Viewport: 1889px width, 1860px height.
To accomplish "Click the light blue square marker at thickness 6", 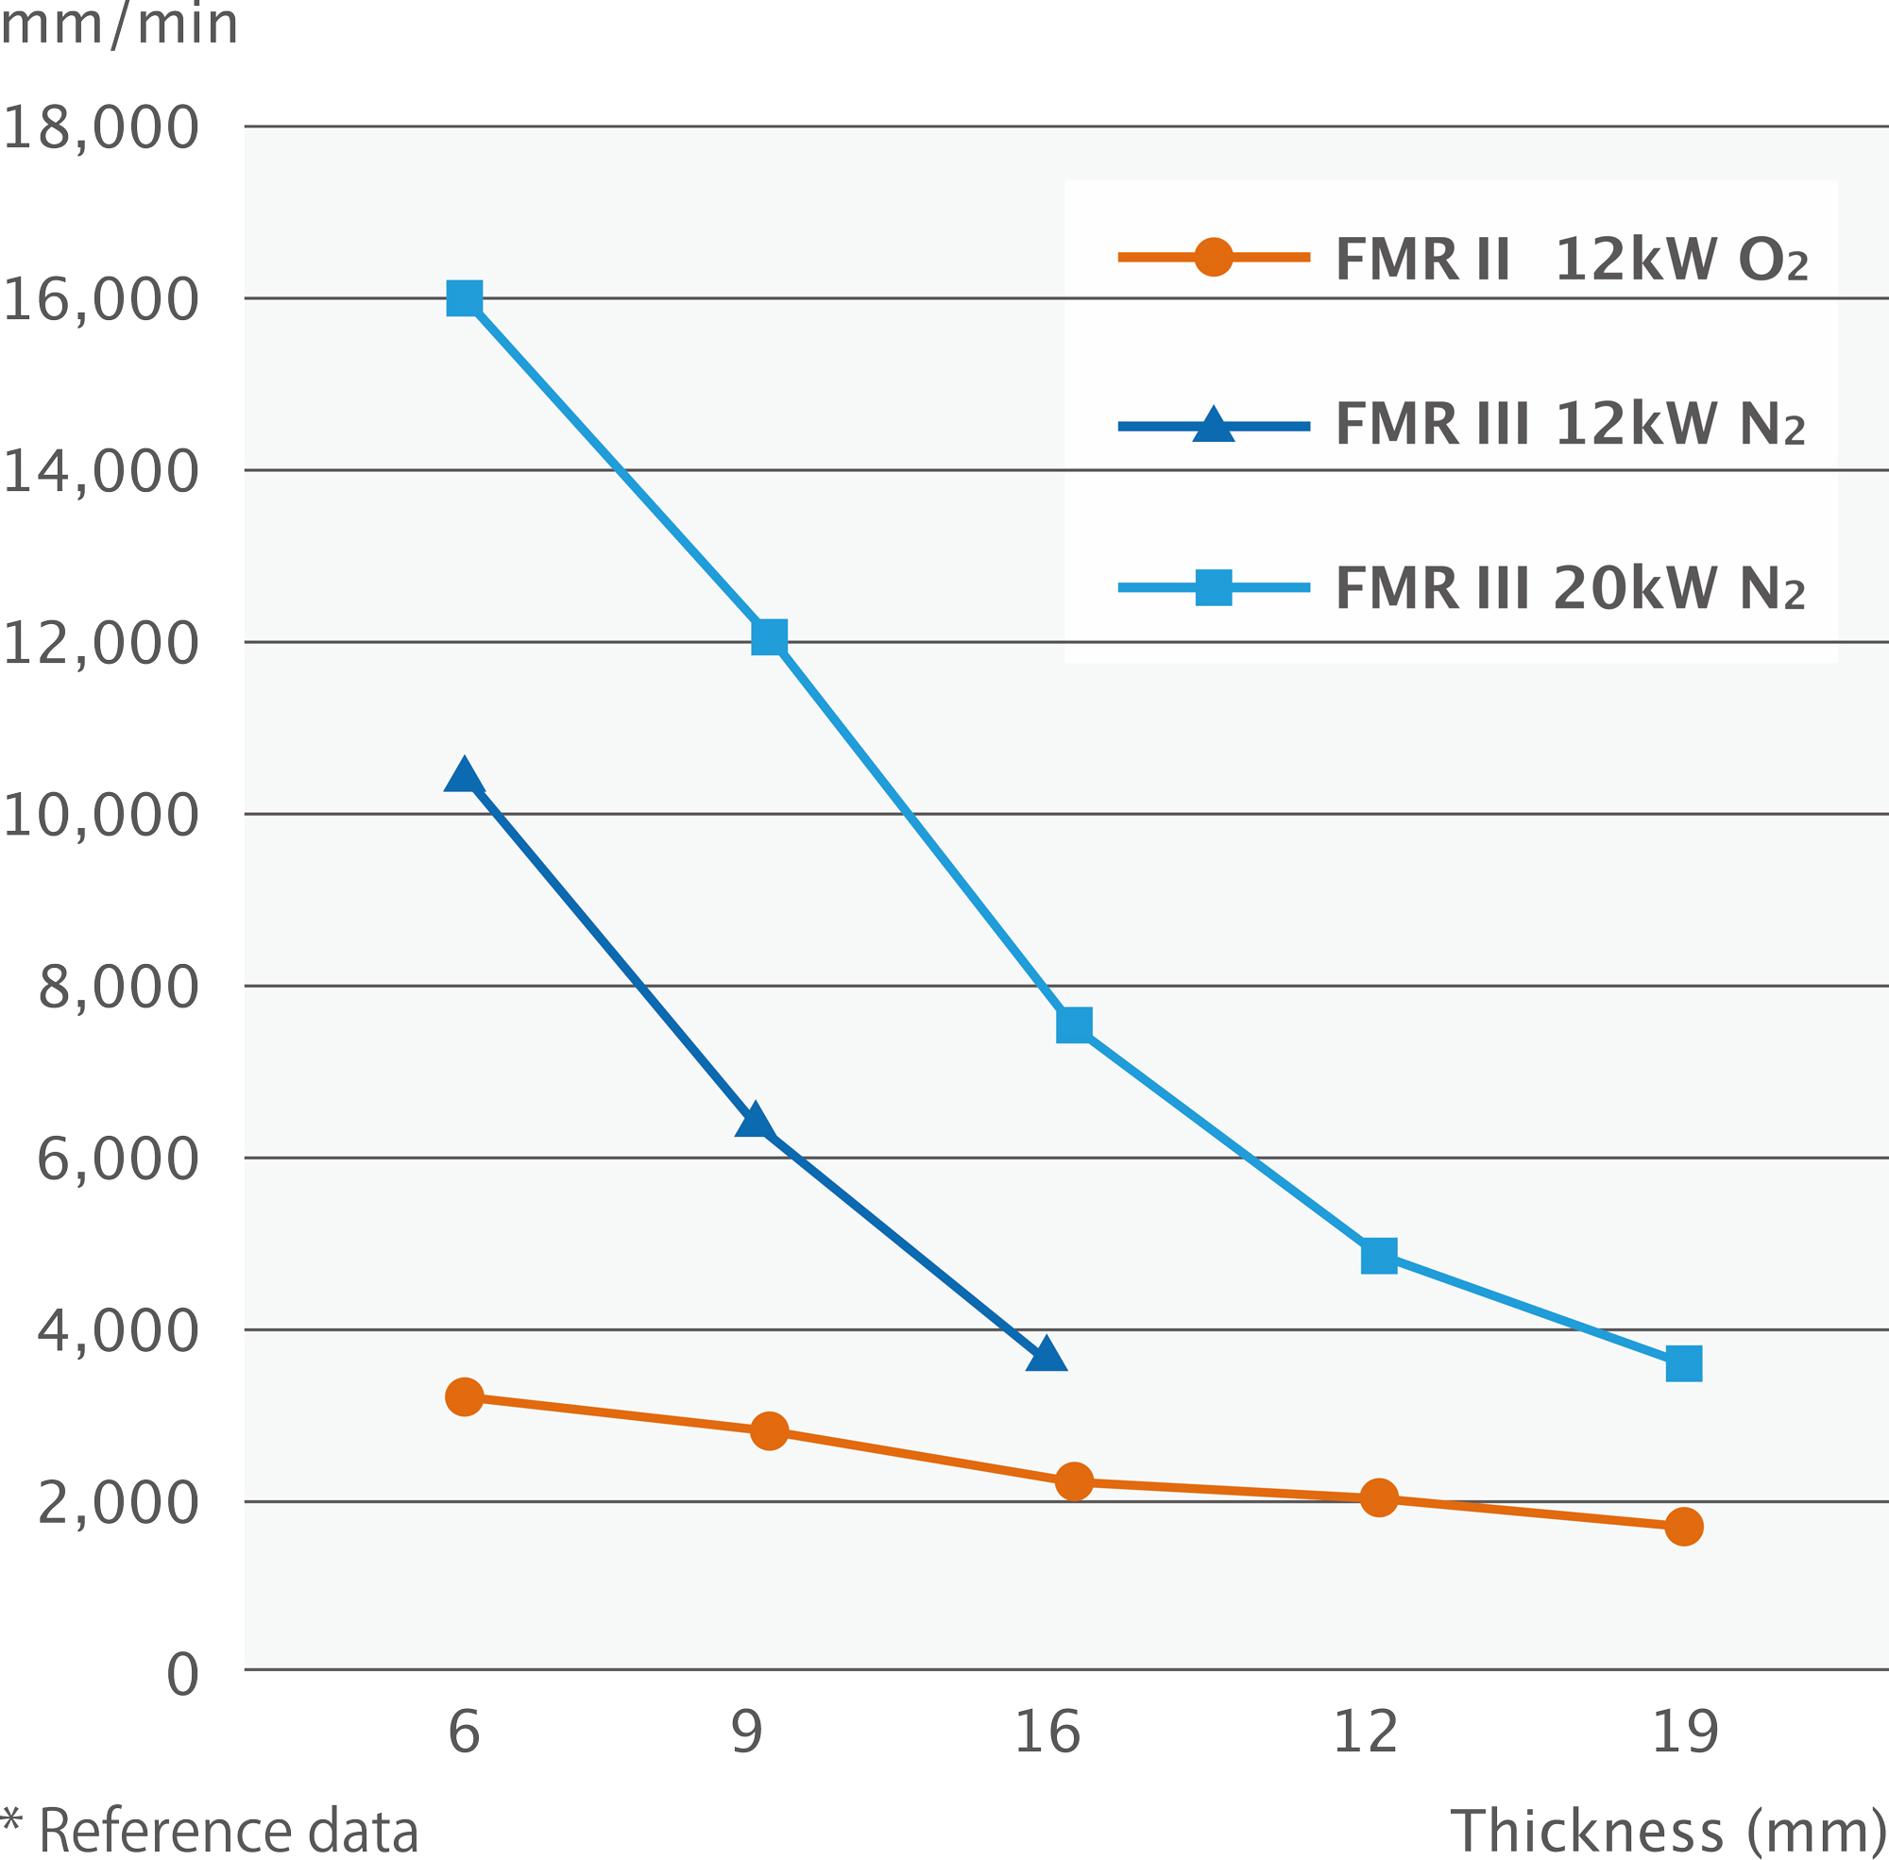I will tap(464, 298).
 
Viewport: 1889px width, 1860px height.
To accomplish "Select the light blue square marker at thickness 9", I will tap(769, 637).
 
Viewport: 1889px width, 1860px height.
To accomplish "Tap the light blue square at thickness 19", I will tap(1684, 1363).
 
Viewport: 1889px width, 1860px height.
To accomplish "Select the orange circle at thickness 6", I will tap(464, 1398).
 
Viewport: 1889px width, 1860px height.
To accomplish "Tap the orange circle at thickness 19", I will tap(1684, 1527).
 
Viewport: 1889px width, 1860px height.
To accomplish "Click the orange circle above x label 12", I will tap(1379, 1497).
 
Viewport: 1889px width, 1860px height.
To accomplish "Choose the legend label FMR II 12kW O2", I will tap(1571, 260).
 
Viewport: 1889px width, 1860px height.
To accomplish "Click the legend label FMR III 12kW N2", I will tap(1570, 424).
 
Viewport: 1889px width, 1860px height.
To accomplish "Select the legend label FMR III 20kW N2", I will tap(1570, 588).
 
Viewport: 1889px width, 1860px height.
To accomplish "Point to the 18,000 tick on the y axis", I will tap(101, 127).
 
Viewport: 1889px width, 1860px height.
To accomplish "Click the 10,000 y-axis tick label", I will tap(101, 815).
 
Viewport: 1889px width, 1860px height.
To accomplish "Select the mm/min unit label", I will tap(119, 24).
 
